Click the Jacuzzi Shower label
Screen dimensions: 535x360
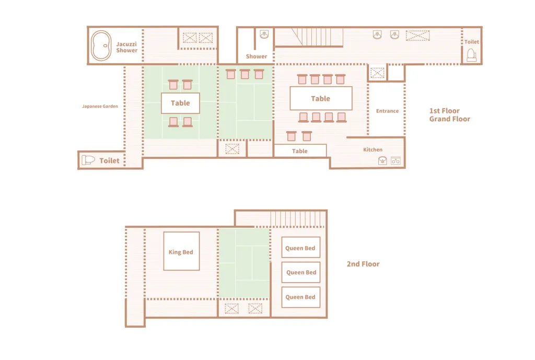pyautogui.click(x=126, y=47)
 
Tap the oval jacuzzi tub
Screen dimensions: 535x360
pyautogui.click(x=101, y=45)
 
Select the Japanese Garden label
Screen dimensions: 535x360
pyautogui.click(x=100, y=106)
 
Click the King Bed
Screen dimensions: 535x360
pyautogui.click(x=181, y=251)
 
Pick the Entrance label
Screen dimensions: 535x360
pyautogui.click(x=387, y=111)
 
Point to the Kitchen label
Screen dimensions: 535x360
pyautogui.click(x=373, y=149)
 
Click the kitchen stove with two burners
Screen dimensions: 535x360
pyautogui.click(x=396, y=161)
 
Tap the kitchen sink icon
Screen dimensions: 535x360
pyautogui.click(x=382, y=161)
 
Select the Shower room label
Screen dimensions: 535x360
pyautogui.click(x=256, y=56)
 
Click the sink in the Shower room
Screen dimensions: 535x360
pyautogui.click(x=264, y=34)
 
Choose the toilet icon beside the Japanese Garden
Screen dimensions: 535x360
pyautogui.click(x=88, y=160)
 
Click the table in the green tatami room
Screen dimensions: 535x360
pyautogui.click(x=180, y=103)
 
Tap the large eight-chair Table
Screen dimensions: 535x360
pyautogui.click(x=321, y=98)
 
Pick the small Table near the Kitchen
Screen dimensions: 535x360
pyautogui.click(x=300, y=151)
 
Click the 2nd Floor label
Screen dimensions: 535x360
pyautogui.click(x=363, y=264)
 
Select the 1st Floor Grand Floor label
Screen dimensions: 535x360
pyautogui.click(x=449, y=114)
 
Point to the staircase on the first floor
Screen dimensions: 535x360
pyautogui.click(x=317, y=37)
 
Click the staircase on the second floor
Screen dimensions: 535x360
pyautogui.click(x=296, y=218)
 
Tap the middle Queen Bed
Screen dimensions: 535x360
pyautogui.click(x=301, y=272)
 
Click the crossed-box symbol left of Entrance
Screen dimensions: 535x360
pyautogui.click(x=377, y=73)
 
